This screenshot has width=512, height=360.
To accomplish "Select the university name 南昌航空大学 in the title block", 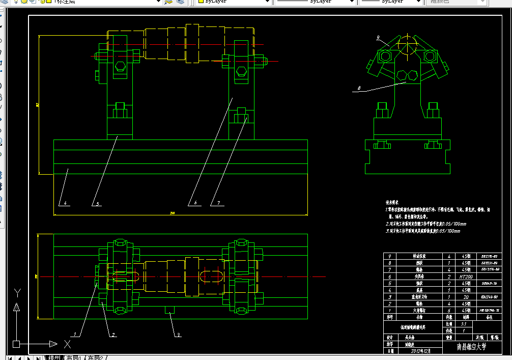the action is [x=471, y=347].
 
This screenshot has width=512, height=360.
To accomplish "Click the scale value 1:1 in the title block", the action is [x=463, y=323].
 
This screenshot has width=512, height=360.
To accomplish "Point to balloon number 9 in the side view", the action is [x=379, y=38].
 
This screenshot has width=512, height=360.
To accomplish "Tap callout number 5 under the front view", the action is [x=98, y=203].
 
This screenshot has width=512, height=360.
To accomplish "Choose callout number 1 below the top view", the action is [x=75, y=334].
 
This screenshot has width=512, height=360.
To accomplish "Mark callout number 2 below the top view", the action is [x=113, y=335].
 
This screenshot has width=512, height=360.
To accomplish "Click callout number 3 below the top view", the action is [x=178, y=335].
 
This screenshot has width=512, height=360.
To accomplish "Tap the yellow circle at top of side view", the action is [x=407, y=46].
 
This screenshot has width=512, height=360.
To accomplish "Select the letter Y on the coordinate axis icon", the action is [x=18, y=292].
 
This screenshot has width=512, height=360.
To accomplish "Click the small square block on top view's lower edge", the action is [x=169, y=309].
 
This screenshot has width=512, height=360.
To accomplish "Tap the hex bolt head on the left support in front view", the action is [x=121, y=66].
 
